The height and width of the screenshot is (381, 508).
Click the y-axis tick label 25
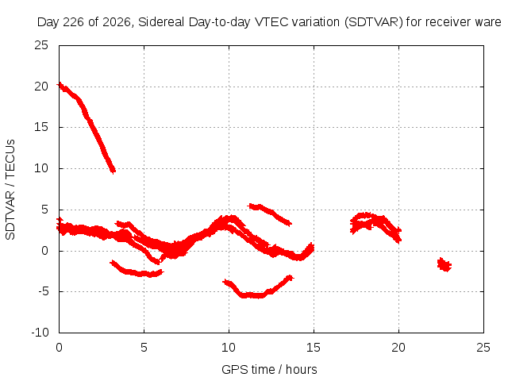[x=41, y=45]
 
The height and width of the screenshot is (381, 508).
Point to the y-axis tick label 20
[x=41, y=87]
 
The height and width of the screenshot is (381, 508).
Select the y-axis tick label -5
[x=43, y=291]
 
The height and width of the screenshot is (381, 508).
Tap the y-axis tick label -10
[x=40, y=333]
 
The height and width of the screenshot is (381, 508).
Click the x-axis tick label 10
[x=229, y=348]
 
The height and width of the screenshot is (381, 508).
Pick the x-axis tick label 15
[x=314, y=348]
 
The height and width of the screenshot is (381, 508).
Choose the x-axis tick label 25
[x=483, y=348]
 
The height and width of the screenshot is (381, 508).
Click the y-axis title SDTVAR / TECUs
[x=10, y=190]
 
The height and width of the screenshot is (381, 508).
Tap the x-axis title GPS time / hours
[x=269, y=369]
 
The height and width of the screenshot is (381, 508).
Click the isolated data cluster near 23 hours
[x=444, y=264]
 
